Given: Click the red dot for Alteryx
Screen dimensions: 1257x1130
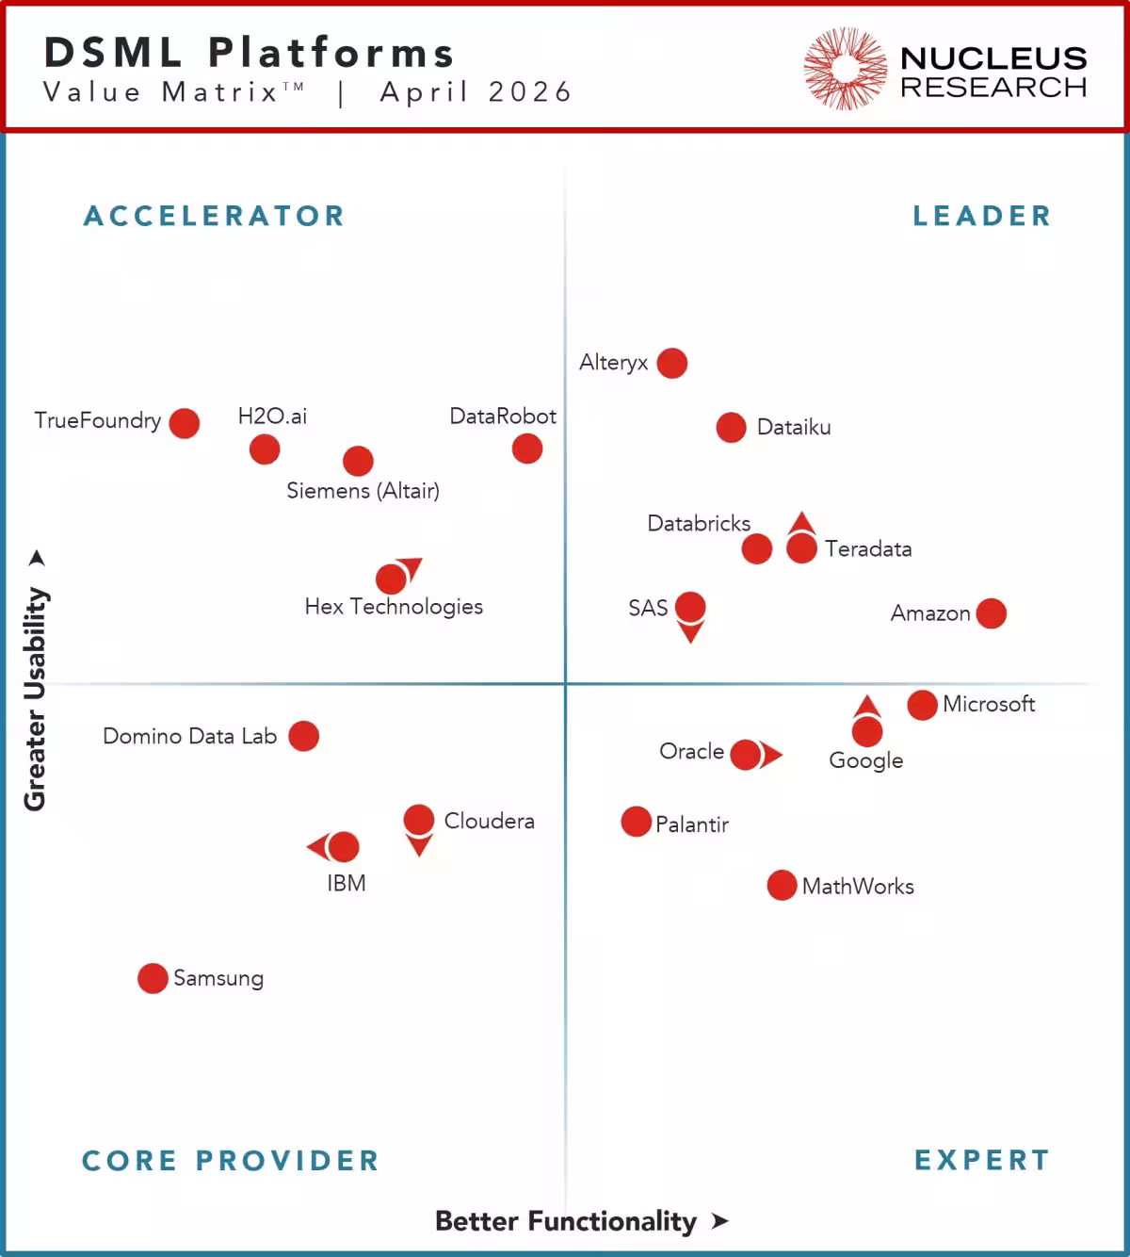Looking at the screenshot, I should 671,363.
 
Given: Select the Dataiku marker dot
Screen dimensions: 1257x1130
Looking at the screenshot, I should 731,427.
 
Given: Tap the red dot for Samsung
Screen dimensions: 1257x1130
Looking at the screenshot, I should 153,978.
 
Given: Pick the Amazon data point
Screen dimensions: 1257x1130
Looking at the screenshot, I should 991,613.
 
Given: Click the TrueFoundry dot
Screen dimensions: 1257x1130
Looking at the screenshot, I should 185,423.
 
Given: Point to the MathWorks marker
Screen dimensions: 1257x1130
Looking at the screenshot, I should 782,885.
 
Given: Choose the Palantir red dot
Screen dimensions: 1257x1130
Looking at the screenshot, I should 637,822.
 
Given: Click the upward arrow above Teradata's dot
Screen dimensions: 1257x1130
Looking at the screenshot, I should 801,523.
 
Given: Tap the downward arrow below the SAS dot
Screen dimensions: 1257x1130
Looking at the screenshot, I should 690,632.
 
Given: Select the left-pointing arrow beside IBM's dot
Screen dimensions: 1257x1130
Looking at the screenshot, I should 317,846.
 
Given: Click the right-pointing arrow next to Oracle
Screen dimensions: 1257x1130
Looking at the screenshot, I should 771,755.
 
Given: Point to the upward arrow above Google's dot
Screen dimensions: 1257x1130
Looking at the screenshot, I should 867,706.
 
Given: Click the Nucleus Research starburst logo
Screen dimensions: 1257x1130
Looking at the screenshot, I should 845,69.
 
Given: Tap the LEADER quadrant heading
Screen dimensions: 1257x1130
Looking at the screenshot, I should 981,216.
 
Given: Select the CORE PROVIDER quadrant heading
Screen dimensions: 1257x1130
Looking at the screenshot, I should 231,1160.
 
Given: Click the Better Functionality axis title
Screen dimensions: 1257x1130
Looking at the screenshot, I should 566,1221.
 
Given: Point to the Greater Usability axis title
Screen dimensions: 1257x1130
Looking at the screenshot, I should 35,697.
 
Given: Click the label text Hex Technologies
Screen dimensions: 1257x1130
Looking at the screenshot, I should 394,607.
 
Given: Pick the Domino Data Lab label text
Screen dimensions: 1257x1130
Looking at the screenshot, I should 189,736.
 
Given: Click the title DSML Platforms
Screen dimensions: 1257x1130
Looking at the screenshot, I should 250,53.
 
